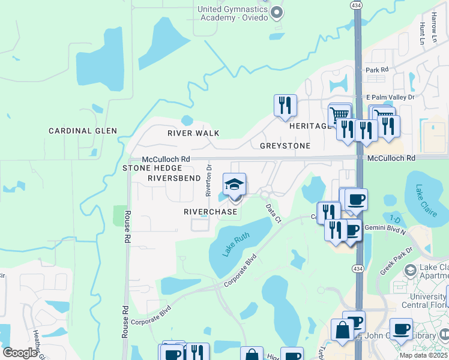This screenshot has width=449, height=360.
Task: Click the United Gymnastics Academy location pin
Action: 276,12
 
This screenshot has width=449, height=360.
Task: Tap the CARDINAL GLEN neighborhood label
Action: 83,131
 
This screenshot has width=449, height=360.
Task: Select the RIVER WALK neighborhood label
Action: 193,133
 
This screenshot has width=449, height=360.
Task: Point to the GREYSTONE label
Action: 285,146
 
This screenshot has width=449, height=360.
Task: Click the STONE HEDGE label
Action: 148,169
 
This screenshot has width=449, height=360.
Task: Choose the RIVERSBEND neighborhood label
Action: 174,178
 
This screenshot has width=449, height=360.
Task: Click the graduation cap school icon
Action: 235,184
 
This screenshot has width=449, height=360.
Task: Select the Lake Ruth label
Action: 236,245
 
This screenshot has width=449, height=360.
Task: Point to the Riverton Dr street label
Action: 209,181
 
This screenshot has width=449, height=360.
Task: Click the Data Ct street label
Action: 273,213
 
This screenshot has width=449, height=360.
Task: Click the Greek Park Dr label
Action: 396,261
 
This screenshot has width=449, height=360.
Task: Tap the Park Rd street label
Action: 377,70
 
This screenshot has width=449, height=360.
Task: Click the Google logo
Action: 20,353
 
